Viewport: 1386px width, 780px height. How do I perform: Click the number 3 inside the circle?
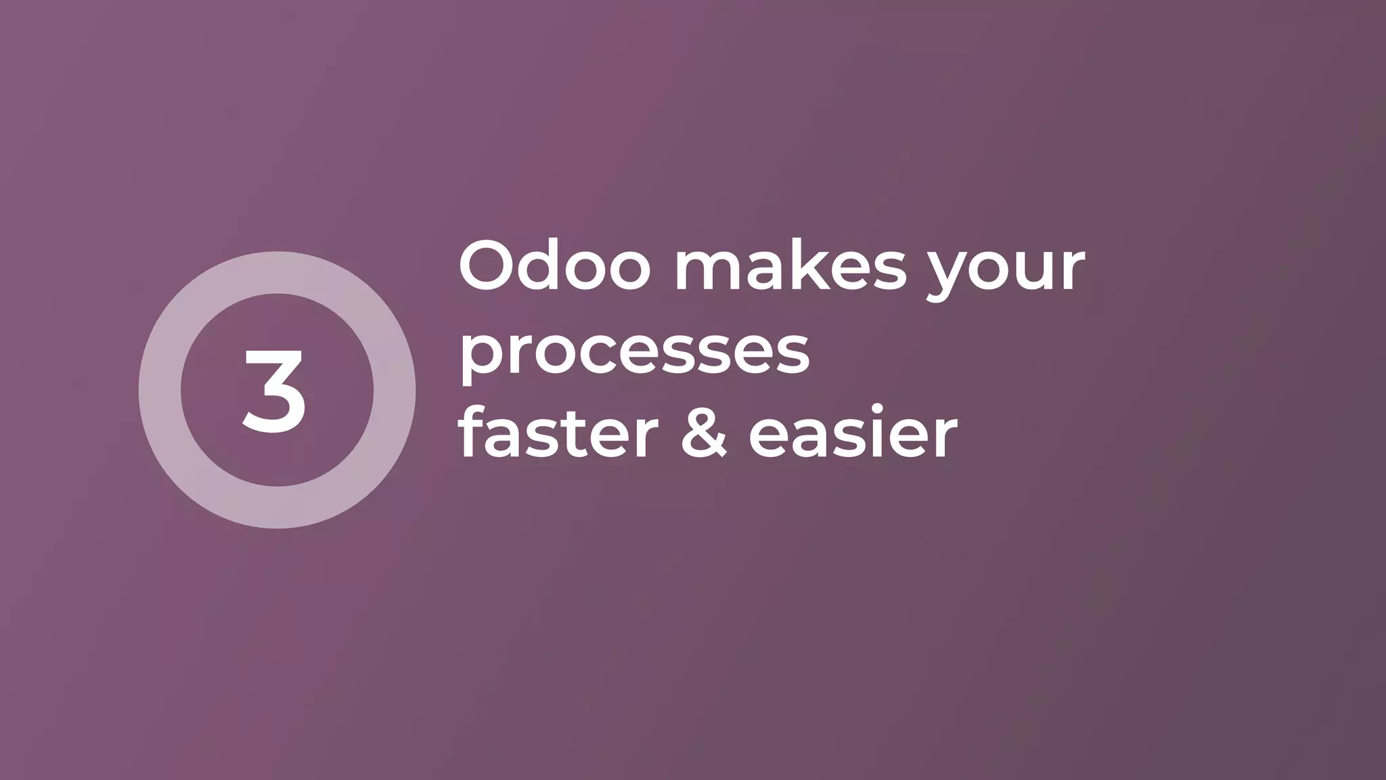pos(275,391)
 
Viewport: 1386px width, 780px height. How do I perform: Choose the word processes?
pos(634,354)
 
